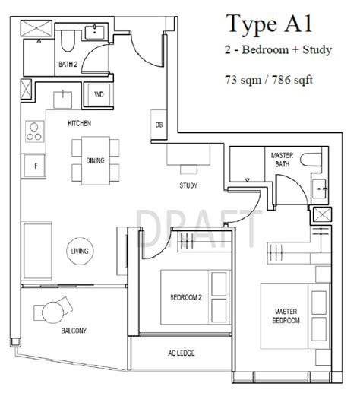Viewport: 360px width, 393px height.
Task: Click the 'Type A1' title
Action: [270, 24]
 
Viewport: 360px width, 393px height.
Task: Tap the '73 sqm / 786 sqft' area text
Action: [269, 80]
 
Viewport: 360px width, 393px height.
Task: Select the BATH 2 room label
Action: [68, 65]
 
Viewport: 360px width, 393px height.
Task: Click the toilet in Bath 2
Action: [68, 41]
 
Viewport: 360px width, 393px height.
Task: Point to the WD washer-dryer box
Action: [99, 94]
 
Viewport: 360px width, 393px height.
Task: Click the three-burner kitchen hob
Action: [35, 132]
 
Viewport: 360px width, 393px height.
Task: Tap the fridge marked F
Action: [35, 166]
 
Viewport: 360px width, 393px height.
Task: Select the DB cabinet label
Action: [159, 125]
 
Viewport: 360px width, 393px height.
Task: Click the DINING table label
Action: [95, 160]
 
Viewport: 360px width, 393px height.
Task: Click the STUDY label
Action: [188, 185]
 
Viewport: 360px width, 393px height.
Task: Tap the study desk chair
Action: [188, 170]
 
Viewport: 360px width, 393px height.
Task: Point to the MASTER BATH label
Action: [282, 160]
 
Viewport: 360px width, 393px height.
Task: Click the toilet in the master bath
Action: [311, 160]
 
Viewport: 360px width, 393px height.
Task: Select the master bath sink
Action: [319, 189]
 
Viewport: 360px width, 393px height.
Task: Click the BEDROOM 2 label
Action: [186, 297]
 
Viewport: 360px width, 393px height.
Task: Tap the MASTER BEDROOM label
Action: [286, 315]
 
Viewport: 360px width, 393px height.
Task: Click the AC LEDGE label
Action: [182, 353]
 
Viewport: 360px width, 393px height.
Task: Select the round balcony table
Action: [52, 312]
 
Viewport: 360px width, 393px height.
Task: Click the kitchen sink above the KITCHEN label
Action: [62, 100]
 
